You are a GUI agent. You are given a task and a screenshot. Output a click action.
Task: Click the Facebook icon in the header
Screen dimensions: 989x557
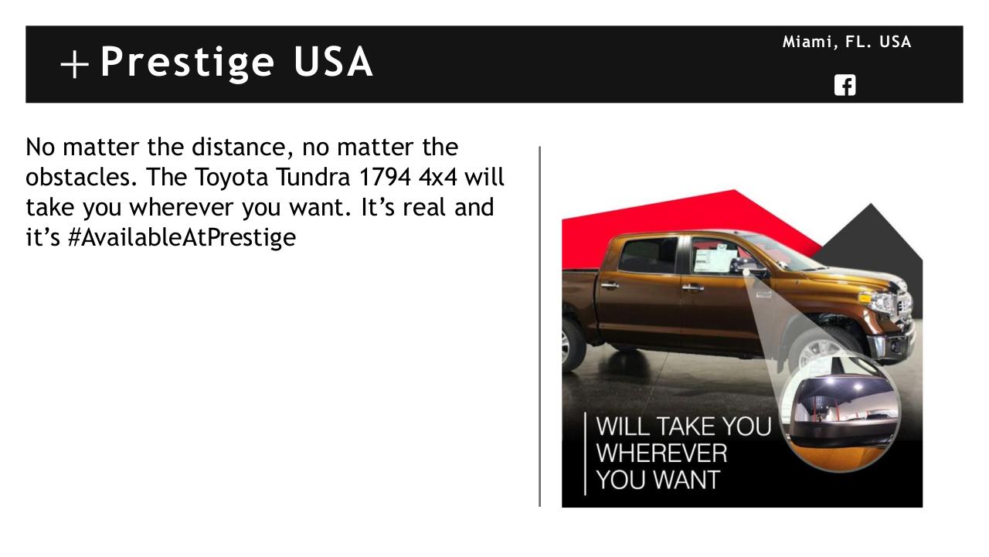point(845,85)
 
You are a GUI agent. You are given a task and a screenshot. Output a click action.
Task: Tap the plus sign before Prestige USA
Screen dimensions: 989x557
point(75,64)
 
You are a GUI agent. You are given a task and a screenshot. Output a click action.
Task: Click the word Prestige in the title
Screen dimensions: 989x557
point(188,63)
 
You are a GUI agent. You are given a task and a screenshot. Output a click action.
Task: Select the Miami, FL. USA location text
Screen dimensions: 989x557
point(847,42)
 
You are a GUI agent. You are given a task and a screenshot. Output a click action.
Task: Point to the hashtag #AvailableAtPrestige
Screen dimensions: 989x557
point(182,237)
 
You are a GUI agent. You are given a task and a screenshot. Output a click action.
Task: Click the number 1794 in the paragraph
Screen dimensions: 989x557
point(386,177)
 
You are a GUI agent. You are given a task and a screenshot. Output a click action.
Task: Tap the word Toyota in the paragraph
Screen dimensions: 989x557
point(231,178)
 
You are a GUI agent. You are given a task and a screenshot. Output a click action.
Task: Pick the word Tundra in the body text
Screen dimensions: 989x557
point(314,177)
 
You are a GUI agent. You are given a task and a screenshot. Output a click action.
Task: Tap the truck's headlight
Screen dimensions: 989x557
point(879,301)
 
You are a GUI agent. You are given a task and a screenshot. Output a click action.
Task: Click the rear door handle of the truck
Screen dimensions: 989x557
point(610,286)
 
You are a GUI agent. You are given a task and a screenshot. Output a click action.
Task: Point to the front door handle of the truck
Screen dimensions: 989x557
point(692,287)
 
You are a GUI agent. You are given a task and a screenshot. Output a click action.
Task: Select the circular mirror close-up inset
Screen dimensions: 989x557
point(841,414)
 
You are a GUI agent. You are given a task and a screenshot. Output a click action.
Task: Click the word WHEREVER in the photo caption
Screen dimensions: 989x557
point(661,453)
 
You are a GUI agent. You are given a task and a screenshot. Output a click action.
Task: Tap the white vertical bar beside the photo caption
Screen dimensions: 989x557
point(585,453)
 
